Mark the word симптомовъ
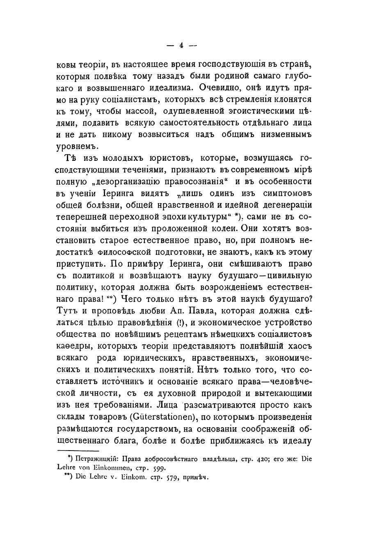[283, 193]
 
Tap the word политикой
[107, 275]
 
